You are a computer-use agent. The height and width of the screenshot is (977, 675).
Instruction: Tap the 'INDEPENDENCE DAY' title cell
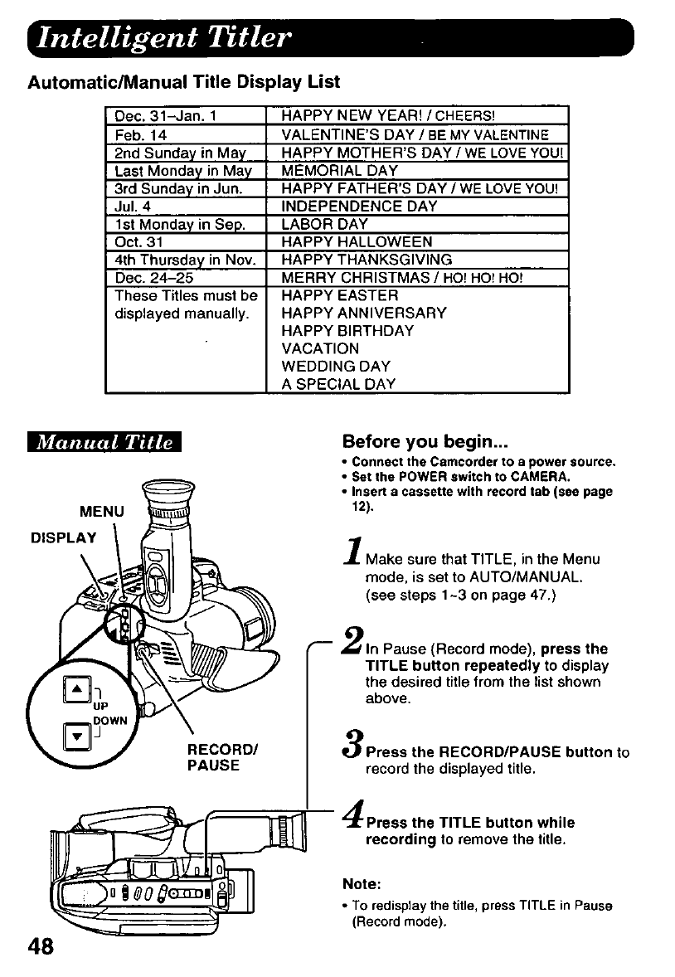(x=359, y=206)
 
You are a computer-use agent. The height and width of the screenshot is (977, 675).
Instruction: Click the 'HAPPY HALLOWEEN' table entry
(x=357, y=241)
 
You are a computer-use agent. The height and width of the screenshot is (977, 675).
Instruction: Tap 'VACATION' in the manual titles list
(x=320, y=348)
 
